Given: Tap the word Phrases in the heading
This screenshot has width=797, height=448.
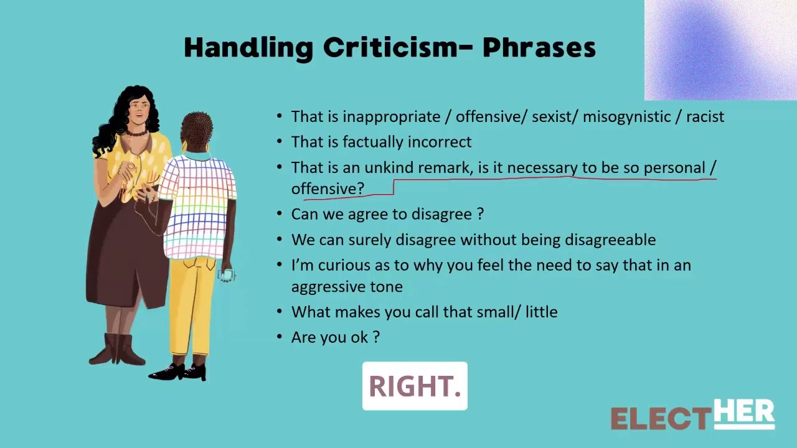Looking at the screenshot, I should point(539,48).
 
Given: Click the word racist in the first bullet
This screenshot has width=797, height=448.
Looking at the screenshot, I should point(705,116).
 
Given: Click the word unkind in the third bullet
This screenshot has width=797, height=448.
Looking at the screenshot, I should point(389,167).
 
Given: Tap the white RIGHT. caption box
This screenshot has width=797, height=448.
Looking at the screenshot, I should point(415,386).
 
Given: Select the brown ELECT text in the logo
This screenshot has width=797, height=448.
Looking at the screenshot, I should point(661,419).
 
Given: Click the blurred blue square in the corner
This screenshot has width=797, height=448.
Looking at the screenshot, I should point(720,50).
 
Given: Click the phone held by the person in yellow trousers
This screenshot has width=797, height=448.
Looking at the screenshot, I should point(227,275).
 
